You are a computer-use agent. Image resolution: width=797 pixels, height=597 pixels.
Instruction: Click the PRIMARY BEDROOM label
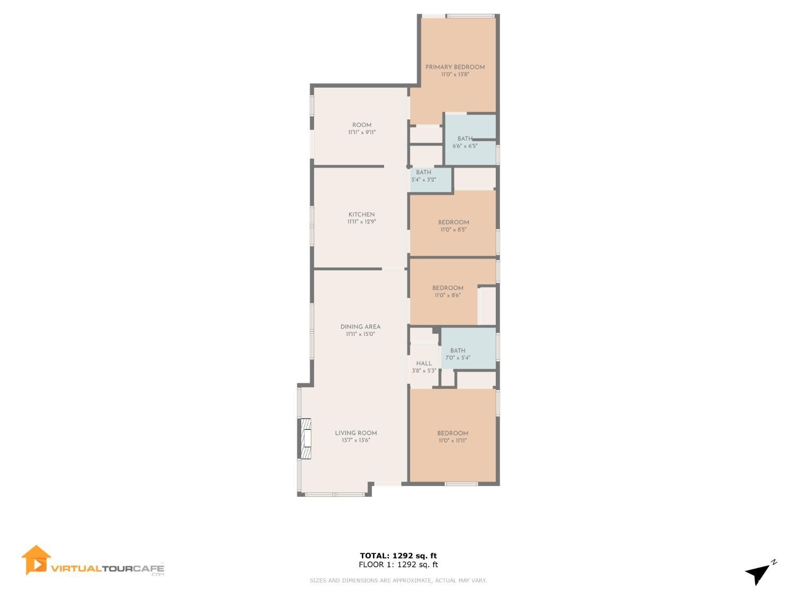pyautogui.click(x=455, y=67)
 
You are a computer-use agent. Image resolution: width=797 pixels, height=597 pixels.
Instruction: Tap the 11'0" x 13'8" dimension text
pyautogui.click(x=455, y=75)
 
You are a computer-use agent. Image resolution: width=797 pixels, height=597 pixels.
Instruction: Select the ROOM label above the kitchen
pyautogui.click(x=362, y=125)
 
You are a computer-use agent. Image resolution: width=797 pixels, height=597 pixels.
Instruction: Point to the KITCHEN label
pyautogui.click(x=361, y=214)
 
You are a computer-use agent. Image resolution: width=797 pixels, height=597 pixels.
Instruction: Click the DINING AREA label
pyautogui.click(x=360, y=327)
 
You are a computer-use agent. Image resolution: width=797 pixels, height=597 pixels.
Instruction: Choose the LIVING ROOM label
pyautogui.click(x=356, y=433)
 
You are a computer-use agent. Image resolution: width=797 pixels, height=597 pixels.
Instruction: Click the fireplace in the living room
pyautogui.click(x=305, y=439)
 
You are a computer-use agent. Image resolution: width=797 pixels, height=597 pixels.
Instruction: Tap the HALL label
pyautogui.click(x=423, y=364)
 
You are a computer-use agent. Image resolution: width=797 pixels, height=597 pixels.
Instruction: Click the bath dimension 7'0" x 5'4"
pyautogui.click(x=458, y=358)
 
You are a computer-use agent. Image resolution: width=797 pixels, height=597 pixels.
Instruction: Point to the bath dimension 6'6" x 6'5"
pyautogui.click(x=465, y=146)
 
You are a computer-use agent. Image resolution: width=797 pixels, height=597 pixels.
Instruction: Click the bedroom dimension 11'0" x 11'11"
pyautogui.click(x=452, y=441)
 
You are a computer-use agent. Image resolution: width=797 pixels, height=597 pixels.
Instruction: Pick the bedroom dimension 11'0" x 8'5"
pyautogui.click(x=453, y=230)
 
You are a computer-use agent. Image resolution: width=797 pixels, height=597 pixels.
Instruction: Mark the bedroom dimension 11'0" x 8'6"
pyautogui.click(x=448, y=296)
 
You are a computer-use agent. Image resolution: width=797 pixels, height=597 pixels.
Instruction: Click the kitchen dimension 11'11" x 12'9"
pyautogui.click(x=361, y=222)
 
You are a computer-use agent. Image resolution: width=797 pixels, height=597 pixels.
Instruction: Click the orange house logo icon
pyautogui.click(x=36, y=560)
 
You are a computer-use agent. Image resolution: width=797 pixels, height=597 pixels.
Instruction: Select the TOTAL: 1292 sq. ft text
pyautogui.click(x=398, y=556)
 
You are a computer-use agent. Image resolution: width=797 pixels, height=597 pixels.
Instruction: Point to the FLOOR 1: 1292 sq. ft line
pyautogui.click(x=398, y=565)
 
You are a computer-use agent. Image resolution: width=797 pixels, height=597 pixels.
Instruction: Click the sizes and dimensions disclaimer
pyautogui.click(x=398, y=581)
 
